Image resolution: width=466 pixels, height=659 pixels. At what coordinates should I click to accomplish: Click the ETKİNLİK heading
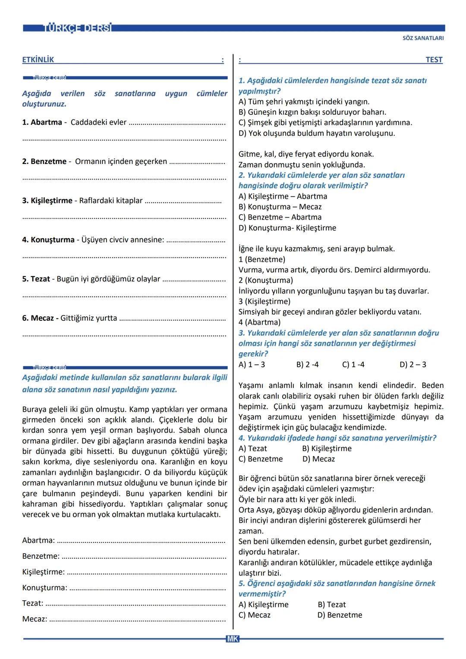click(38, 60)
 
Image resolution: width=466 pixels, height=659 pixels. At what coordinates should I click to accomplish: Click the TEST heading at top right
click(434, 60)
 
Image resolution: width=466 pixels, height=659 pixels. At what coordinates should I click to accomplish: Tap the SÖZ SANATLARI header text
click(423, 38)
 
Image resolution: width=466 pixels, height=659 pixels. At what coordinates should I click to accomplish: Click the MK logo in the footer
click(232, 639)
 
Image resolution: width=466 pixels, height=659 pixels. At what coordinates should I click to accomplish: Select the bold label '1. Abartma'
click(42, 122)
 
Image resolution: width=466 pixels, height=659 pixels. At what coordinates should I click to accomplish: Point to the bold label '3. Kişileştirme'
click(47, 201)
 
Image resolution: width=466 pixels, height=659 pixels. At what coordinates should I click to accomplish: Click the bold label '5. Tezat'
click(36, 279)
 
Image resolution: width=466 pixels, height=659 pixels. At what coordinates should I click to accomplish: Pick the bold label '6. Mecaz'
click(40, 318)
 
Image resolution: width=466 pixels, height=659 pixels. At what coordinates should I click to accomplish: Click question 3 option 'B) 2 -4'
click(307, 365)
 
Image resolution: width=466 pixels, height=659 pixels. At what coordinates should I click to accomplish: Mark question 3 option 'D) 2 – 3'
click(412, 365)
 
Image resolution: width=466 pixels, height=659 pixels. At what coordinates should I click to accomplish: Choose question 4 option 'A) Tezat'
click(252, 449)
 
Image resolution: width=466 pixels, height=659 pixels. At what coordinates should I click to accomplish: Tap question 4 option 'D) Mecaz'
click(318, 459)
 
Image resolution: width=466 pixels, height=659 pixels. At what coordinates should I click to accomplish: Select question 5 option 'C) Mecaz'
click(254, 615)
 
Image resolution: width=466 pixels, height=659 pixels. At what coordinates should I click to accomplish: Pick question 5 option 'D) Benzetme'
click(340, 615)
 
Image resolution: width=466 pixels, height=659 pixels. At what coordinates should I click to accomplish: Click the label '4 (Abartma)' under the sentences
click(259, 322)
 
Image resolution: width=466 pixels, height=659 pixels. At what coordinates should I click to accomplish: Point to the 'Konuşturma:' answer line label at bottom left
click(44, 588)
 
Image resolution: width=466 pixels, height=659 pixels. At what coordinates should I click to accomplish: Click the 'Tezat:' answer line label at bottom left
click(32, 603)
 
